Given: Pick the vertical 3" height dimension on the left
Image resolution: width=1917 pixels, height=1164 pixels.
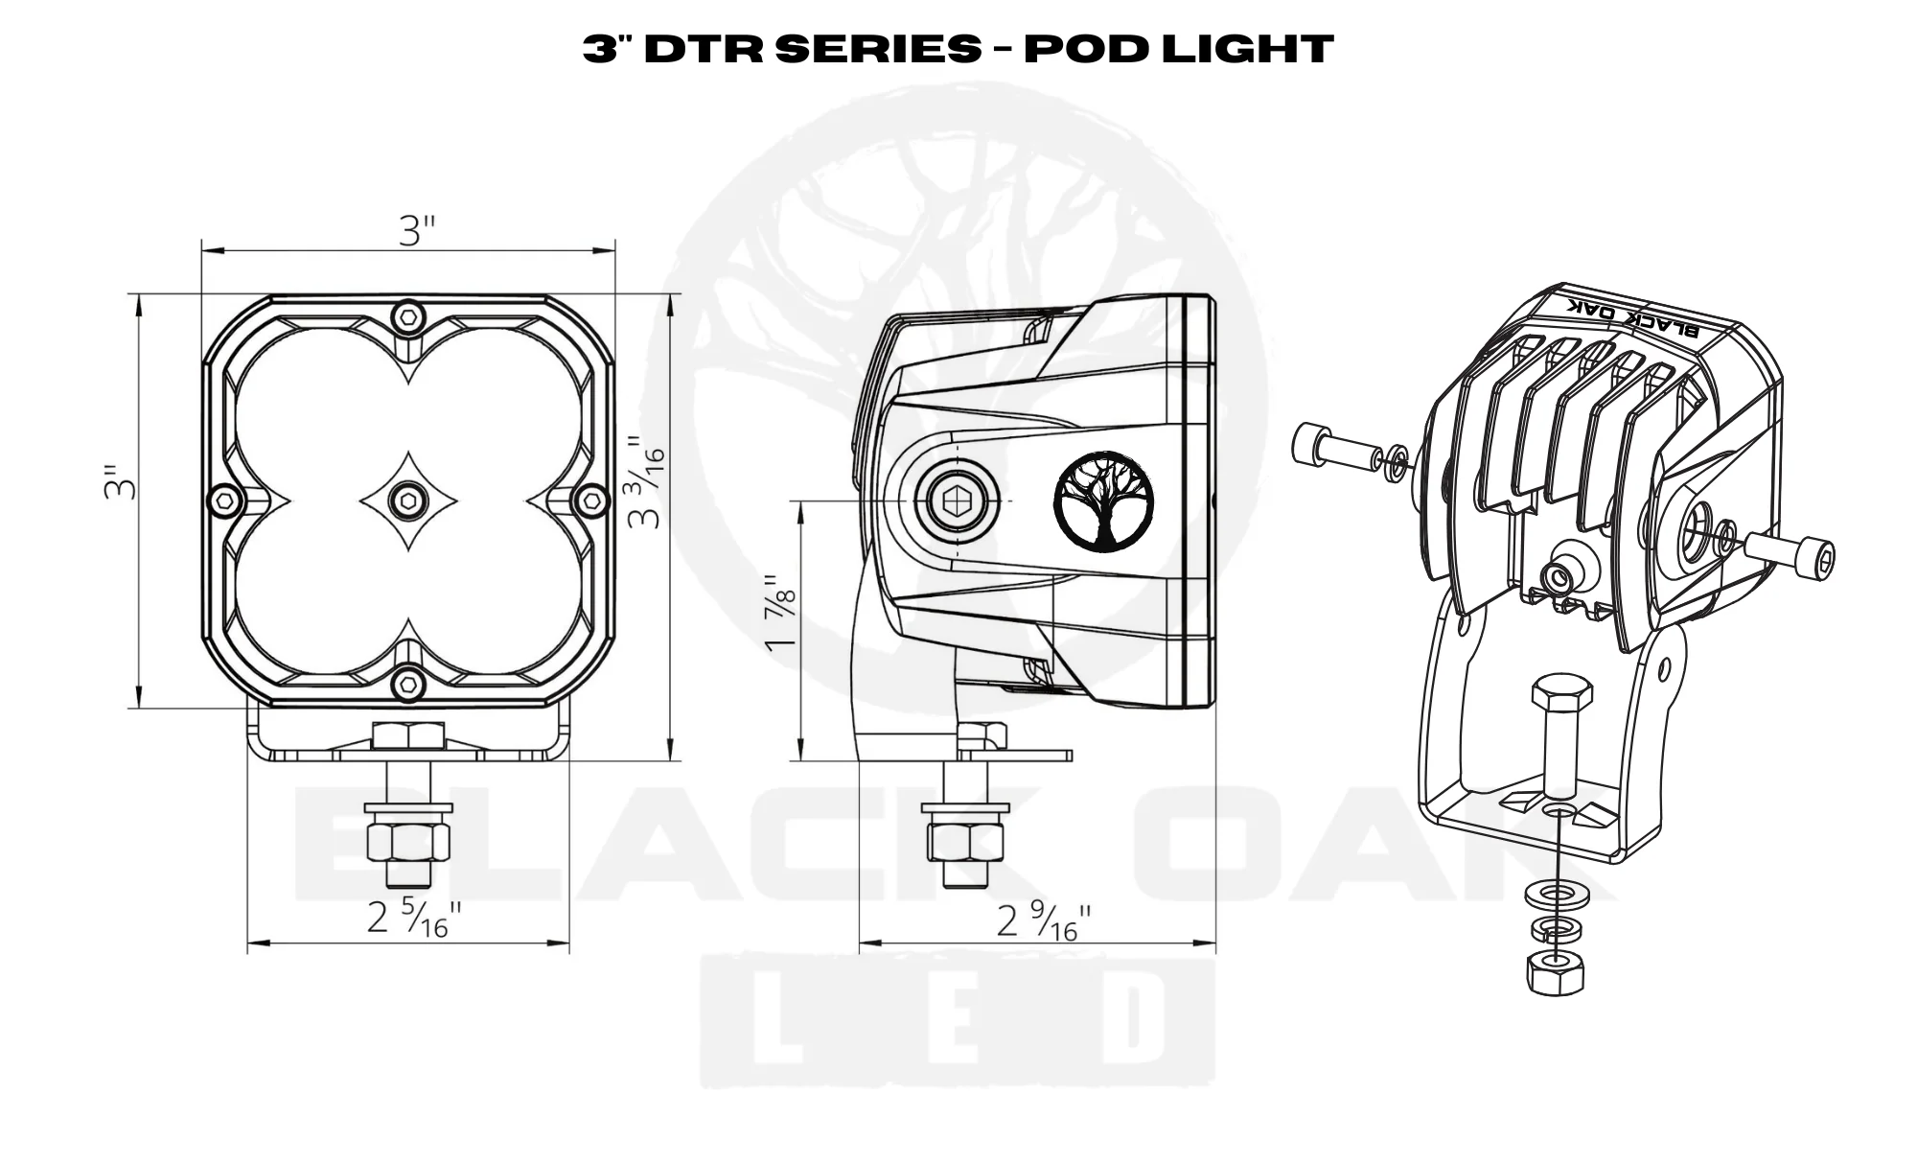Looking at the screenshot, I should click(121, 484).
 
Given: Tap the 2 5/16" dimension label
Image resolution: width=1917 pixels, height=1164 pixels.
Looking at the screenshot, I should click(414, 920).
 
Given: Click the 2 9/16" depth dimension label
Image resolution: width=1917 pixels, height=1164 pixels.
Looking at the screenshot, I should click(1044, 921).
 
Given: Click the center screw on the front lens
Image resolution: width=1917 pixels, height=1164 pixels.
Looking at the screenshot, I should click(409, 498).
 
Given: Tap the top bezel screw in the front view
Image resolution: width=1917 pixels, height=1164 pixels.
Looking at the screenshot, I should click(409, 315).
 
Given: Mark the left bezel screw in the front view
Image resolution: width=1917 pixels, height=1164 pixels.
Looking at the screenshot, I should click(223, 499).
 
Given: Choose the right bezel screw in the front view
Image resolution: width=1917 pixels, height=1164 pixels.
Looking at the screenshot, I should click(594, 499).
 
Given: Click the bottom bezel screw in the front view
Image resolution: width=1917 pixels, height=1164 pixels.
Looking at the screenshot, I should click(409, 682).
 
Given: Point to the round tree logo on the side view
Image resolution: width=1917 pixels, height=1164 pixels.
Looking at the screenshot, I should click(1103, 502).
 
